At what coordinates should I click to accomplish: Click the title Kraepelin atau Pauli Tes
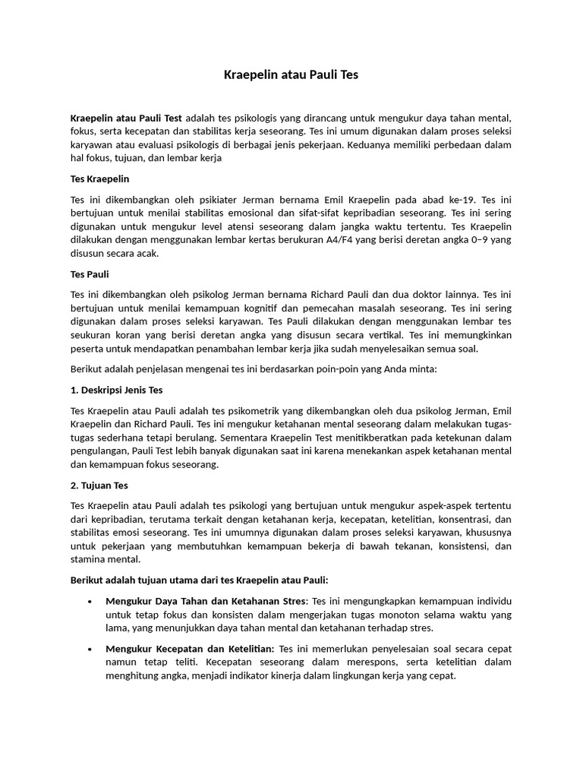pyautogui.click(x=291, y=74)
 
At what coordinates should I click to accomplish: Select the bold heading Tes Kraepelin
pyautogui.click(x=99, y=179)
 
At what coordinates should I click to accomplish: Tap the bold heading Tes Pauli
pyautogui.click(x=90, y=274)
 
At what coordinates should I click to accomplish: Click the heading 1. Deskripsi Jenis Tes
pyautogui.click(x=116, y=391)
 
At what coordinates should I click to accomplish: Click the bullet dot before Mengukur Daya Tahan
pyautogui.click(x=90, y=601)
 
